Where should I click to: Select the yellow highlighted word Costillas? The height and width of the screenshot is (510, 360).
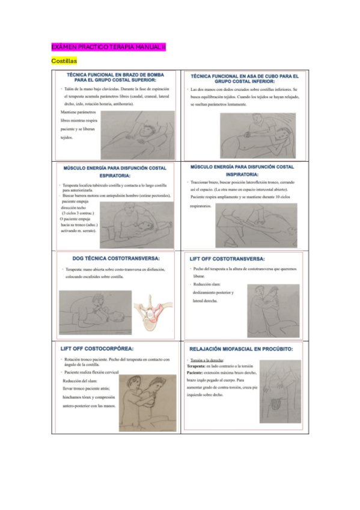tap(64, 61)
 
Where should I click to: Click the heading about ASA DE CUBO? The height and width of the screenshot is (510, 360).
tap(245, 79)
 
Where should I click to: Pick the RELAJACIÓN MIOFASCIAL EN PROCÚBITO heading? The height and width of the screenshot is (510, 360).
tap(241, 348)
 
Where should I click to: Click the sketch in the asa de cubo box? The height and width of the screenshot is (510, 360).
tap(257, 135)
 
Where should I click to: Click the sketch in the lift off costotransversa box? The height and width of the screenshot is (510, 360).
tap(272, 310)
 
